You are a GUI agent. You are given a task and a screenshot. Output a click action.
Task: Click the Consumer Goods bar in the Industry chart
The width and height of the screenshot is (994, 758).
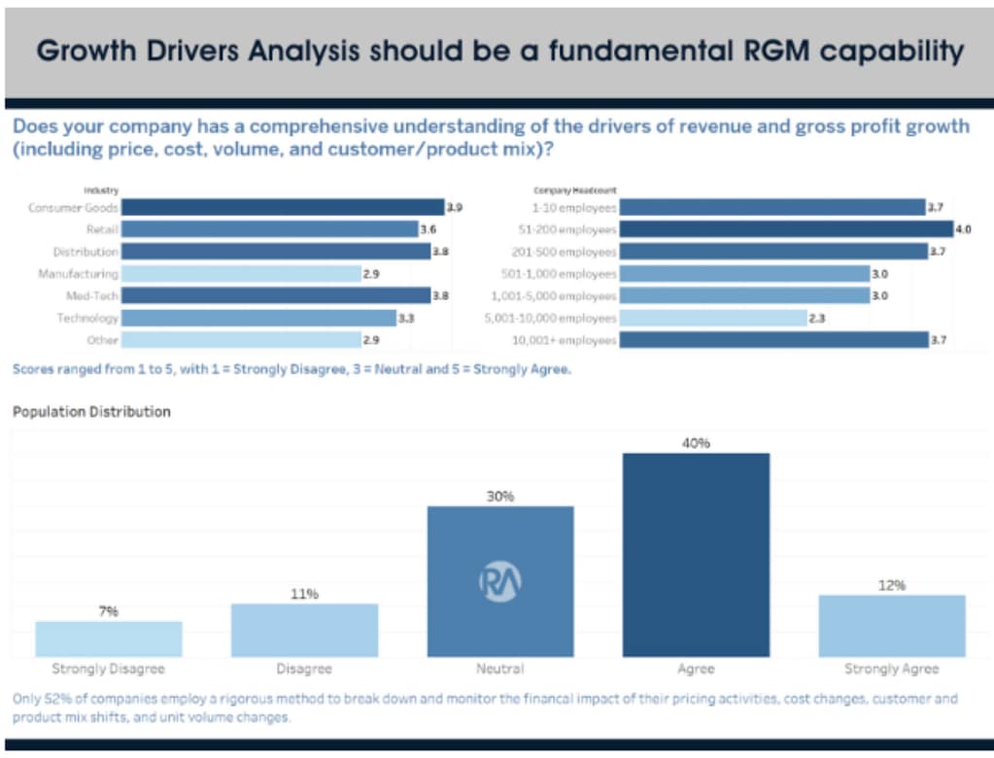283,207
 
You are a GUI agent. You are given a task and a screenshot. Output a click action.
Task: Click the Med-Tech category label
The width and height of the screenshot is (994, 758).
91,295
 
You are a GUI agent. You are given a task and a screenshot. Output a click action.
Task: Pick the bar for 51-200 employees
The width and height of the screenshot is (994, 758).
785,229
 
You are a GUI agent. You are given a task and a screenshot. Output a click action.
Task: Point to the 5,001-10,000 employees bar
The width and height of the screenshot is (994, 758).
713,318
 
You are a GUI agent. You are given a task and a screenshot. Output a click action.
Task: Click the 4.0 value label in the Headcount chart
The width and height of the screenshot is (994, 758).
964,229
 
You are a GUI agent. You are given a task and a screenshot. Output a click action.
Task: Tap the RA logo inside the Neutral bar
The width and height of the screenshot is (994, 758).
499,581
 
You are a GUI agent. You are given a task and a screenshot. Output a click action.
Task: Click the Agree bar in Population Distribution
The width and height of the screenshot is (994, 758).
696,554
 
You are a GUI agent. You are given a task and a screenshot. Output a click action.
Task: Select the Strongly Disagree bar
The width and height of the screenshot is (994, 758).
109,638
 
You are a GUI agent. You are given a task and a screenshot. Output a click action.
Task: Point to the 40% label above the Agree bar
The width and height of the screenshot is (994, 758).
696,442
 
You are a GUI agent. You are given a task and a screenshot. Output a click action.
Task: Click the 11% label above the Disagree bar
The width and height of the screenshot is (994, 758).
304,593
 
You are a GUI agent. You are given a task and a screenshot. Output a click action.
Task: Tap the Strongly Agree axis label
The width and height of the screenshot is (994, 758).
891,669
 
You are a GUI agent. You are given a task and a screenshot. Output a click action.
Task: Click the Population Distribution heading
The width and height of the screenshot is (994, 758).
91,411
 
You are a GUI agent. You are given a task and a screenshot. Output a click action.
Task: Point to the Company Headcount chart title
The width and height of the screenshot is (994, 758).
574,190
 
